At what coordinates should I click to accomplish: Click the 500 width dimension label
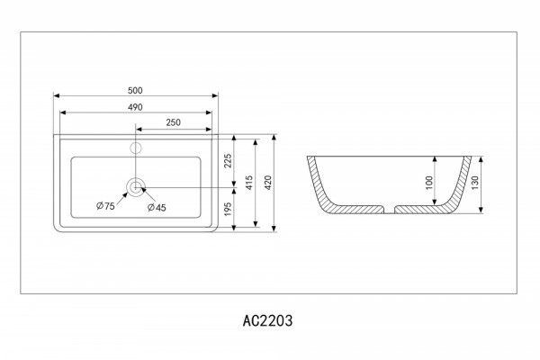pyautogui.click(x=135, y=90)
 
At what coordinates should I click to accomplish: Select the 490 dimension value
pyautogui.click(x=135, y=107)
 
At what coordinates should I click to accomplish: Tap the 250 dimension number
pyautogui.click(x=173, y=122)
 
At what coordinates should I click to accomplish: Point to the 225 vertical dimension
pyautogui.click(x=228, y=161)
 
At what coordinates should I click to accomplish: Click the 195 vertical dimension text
pyautogui.click(x=228, y=209)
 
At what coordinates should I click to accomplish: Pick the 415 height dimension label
pyautogui.click(x=249, y=183)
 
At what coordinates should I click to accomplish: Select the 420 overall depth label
pyautogui.click(x=268, y=183)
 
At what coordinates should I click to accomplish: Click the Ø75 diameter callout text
pyautogui.click(x=105, y=206)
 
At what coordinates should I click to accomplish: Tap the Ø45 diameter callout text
pyautogui.click(x=157, y=207)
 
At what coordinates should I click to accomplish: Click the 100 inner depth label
pyautogui.click(x=429, y=183)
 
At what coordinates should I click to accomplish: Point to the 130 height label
pyautogui.click(x=475, y=183)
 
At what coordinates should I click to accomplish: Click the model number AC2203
pyautogui.click(x=267, y=320)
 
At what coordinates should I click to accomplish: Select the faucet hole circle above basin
pyautogui.click(x=136, y=148)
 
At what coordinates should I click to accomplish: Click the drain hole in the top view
pyautogui.click(x=136, y=187)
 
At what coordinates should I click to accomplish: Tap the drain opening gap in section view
pyautogui.click(x=389, y=210)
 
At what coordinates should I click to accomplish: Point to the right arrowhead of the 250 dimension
pyautogui.click(x=209, y=130)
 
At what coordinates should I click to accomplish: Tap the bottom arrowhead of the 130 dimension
pyautogui.click(x=481, y=210)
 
